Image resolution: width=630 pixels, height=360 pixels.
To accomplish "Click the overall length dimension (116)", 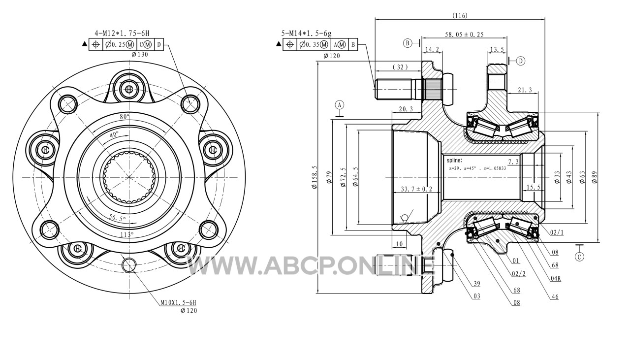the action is (460, 15).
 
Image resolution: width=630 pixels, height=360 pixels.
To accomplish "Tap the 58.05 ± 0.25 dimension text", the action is (464, 34).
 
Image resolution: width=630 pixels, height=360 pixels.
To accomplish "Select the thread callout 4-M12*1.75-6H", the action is (122, 33).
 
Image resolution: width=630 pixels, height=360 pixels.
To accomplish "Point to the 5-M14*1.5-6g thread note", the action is (307, 33).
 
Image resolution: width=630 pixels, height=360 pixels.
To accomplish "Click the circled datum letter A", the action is (340, 105).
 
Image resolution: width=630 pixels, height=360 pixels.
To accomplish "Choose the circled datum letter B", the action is (408, 43).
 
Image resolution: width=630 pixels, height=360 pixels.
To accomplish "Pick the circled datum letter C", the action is (579, 257).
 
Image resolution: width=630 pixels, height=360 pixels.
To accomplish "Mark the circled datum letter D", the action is (521, 61).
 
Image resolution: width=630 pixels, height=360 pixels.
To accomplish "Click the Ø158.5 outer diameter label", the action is (314, 177).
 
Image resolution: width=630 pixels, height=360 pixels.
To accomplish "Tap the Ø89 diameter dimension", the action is (594, 177).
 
